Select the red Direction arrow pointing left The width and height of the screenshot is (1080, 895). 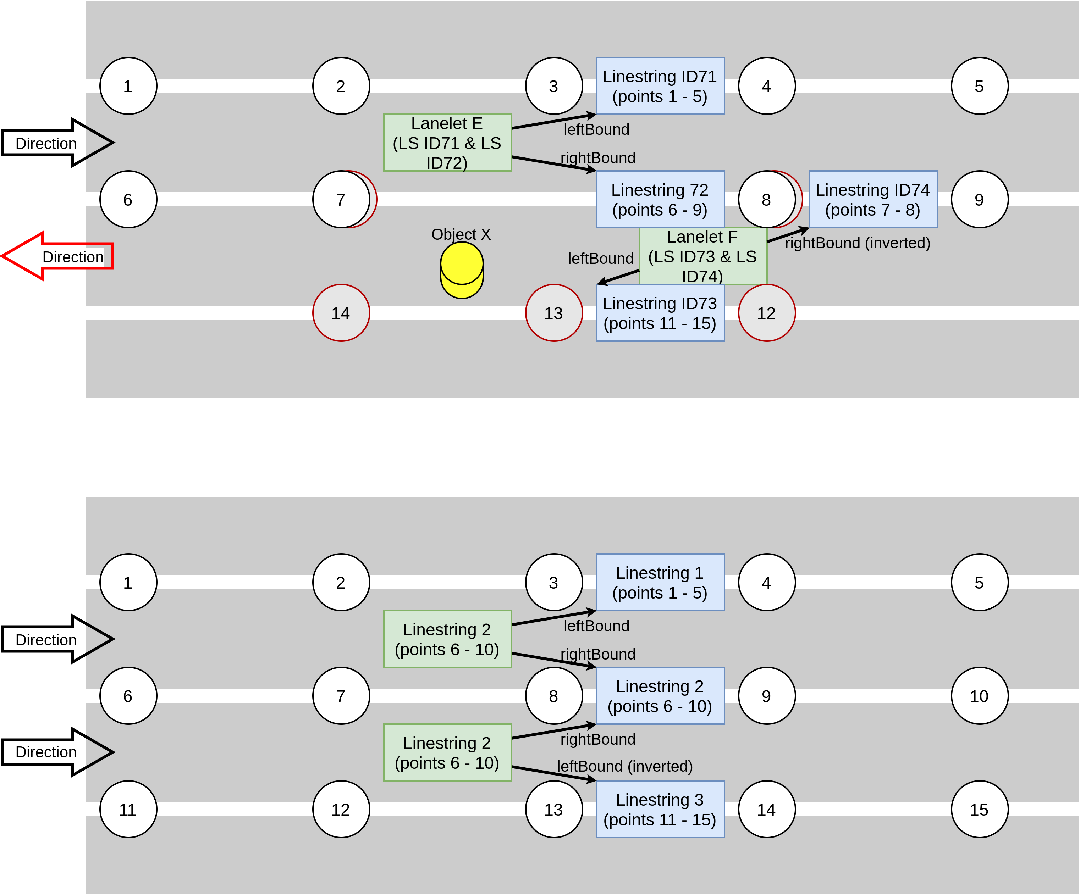tap(56, 256)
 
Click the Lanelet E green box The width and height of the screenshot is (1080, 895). tap(447, 143)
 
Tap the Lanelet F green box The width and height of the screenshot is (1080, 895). tap(702, 256)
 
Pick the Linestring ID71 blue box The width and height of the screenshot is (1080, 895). tap(660, 86)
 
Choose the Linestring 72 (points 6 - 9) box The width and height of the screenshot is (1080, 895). tap(660, 199)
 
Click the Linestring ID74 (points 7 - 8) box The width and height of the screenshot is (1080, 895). tap(873, 199)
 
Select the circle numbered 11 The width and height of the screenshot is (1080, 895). tap(127, 809)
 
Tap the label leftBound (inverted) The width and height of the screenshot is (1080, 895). tap(624, 766)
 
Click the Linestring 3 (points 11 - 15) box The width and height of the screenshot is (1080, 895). tap(660, 809)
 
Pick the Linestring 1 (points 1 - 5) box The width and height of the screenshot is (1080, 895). tap(660, 583)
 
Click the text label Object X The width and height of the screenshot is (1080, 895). tap(461, 234)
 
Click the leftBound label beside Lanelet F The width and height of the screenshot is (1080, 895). tap(600, 259)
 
